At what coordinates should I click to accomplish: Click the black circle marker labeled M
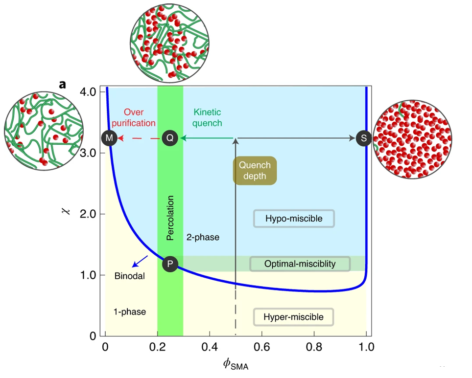click(109, 138)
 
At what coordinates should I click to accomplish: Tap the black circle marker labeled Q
click(170, 138)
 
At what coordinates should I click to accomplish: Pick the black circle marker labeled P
click(170, 264)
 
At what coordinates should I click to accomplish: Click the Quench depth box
click(255, 171)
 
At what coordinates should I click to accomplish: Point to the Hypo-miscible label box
click(294, 218)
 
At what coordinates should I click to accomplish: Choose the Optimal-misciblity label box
click(300, 264)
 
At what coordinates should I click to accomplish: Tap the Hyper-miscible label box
click(293, 317)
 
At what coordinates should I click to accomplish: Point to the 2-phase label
click(203, 238)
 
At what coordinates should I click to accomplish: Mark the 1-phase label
click(130, 311)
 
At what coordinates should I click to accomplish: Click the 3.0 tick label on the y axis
click(88, 153)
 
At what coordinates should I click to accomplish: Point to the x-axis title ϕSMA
click(235, 364)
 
